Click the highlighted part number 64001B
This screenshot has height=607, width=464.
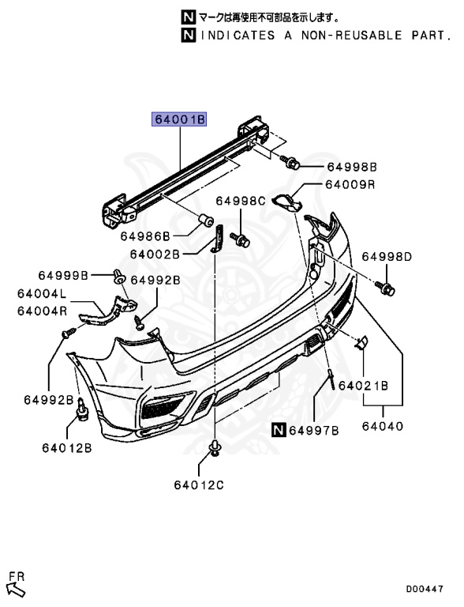coord(178,119)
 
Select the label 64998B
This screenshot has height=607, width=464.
coord(352,167)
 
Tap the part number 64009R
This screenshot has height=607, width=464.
coord(350,184)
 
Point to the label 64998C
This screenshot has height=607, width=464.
coord(241,201)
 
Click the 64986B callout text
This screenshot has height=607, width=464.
coord(145,236)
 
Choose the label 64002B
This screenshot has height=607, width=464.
coord(155,254)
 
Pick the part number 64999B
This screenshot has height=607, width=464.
coord(63,275)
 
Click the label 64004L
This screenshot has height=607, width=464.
coord(42,294)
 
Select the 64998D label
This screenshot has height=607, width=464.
coord(387,256)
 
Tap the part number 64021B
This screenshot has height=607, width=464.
coord(364,386)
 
